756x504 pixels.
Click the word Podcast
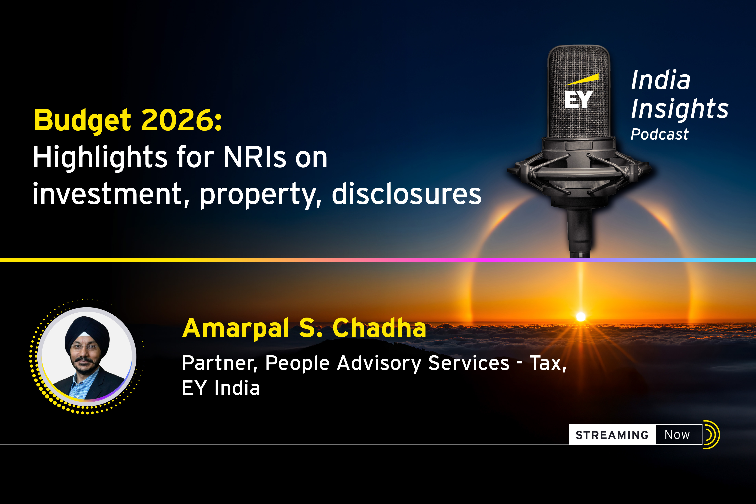click(x=660, y=134)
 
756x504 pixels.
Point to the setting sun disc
click(x=581, y=317)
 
